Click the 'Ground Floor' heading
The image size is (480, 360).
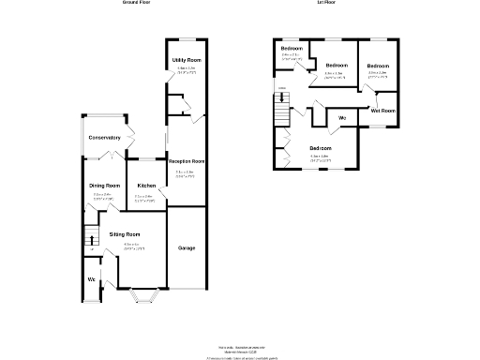coord(137,4)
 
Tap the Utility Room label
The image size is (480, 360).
coord(187,60)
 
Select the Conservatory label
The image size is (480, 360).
coord(104,138)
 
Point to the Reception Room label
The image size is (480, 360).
coord(187,162)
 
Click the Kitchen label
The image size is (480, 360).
coord(146,186)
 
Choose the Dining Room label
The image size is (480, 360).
coord(105,186)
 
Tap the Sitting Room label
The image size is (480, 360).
coord(125,233)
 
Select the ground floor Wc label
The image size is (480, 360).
coord(91,279)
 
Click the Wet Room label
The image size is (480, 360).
coord(382,111)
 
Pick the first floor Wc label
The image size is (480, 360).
coord(342,118)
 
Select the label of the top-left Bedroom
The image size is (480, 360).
coord(292,48)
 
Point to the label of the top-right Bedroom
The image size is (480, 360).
coord(379,65)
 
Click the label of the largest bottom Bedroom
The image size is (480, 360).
coord(321,148)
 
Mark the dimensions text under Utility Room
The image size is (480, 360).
coord(187,69)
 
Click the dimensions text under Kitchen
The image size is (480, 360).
coord(146,197)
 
